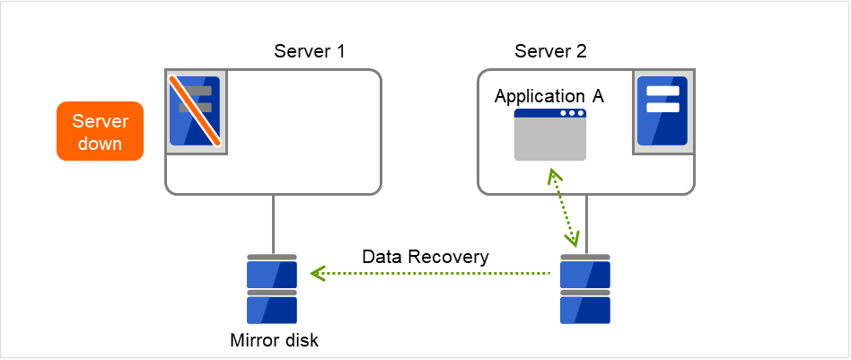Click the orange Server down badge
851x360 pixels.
pos(100,131)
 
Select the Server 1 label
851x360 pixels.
pos(310,51)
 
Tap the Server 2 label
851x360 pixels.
pos(550,51)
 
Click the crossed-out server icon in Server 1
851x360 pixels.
pos(195,110)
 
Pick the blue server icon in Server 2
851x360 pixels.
pos(662,110)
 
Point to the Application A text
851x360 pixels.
pos(549,96)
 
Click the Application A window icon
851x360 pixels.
pos(549,135)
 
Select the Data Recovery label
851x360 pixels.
pos(425,257)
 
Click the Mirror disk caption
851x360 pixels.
pos(274,340)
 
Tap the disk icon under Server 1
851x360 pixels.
pos(271,289)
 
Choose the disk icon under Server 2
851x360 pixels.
pos(585,289)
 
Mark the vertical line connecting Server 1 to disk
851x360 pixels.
pos(272,224)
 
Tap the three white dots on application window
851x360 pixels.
pos(571,114)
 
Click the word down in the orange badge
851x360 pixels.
pos(100,144)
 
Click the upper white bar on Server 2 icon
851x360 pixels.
pos(662,91)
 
